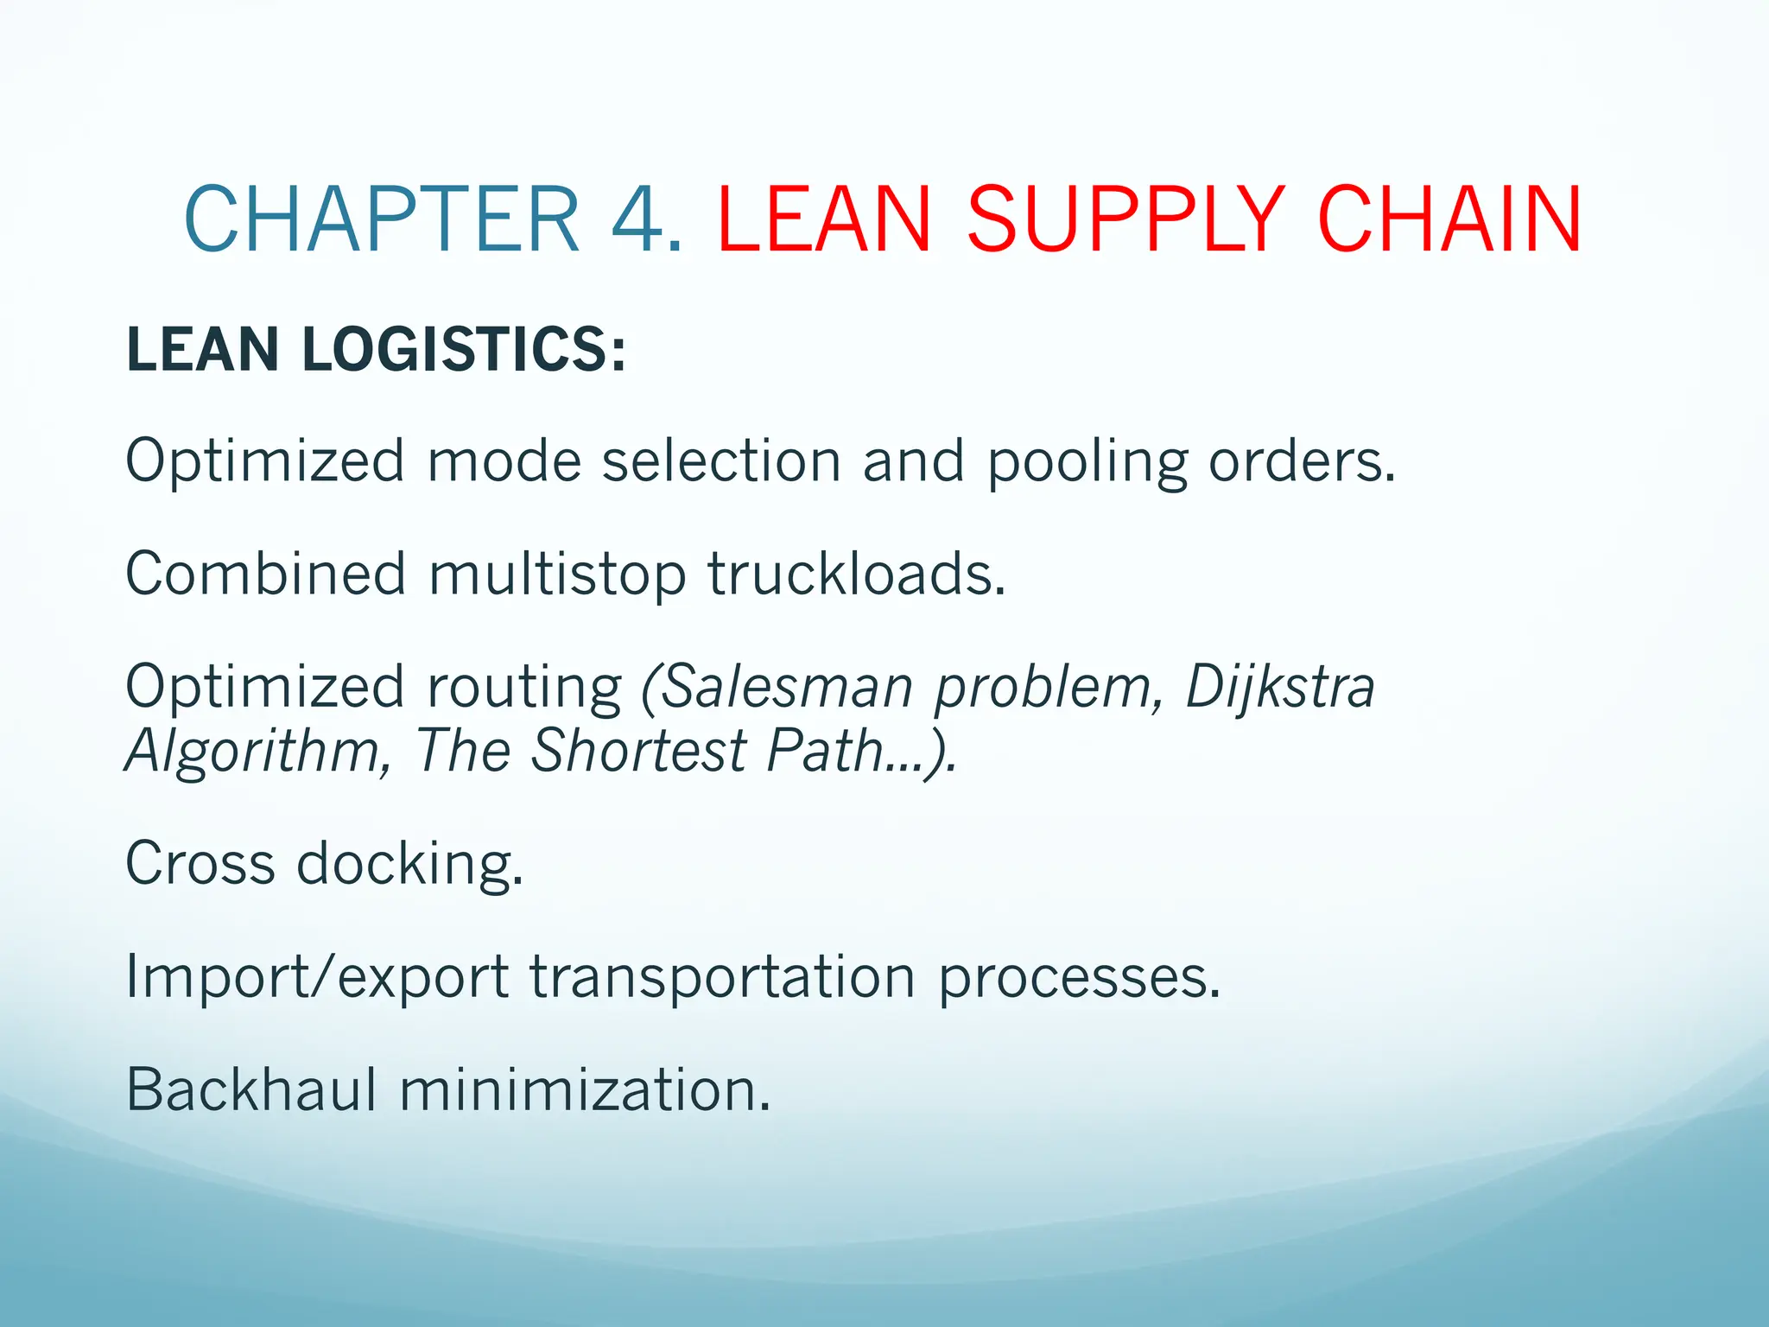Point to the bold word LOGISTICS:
point(464,350)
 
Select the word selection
point(721,461)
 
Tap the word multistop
point(557,575)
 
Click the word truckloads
point(857,574)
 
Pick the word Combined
point(266,574)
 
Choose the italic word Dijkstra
point(1280,689)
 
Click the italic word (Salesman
point(777,689)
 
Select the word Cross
point(200,863)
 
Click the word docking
point(410,865)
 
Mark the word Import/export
point(317,978)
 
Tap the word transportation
point(722,978)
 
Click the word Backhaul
point(251,1089)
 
